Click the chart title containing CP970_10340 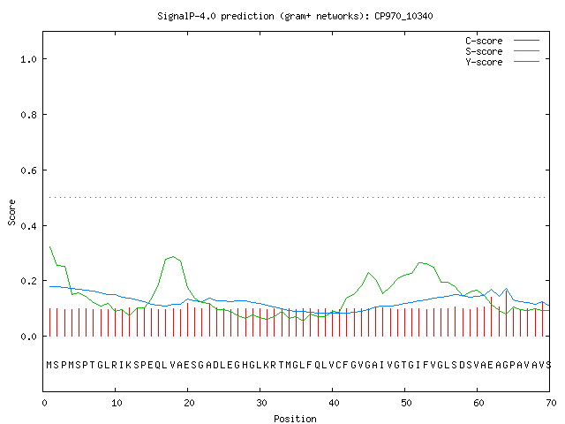click(x=295, y=16)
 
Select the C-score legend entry click(x=502, y=41)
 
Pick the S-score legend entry click(x=502, y=51)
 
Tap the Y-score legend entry click(x=502, y=62)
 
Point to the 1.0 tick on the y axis click(x=29, y=59)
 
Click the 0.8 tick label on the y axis click(x=29, y=115)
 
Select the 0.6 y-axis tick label click(x=29, y=170)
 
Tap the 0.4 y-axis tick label click(x=29, y=226)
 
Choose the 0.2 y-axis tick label click(x=29, y=281)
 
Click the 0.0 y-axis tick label click(x=29, y=337)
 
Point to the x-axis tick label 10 click(x=117, y=403)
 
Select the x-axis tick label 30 click(x=261, y=403)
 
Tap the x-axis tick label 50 click(x=406, y=403)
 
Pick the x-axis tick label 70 click(x=551, y=403)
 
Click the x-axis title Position click(x=295, y=419)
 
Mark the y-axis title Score click(x=11, y=212)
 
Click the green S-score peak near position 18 click(x=173, y=257)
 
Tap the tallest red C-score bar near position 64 click(x=506, y=313)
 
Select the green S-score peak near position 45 click(x=369, y=273)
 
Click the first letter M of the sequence click(x=49, y=365)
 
